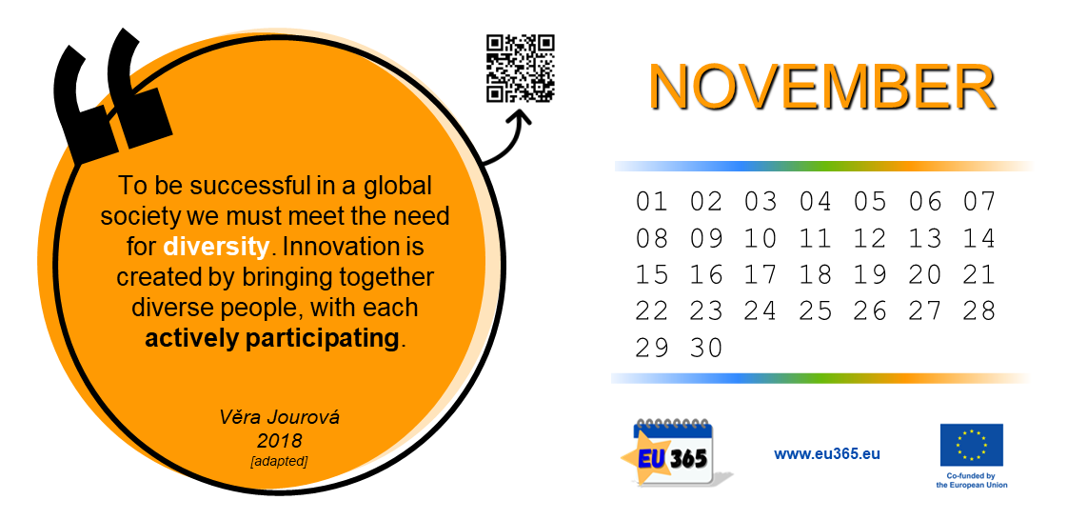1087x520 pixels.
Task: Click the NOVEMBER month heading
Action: click(x=822, y=87)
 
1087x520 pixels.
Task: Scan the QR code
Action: click(x=521, y=69)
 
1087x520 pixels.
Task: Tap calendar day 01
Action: click(x=651, y=203)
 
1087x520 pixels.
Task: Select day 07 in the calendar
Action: click(x=978, y=203)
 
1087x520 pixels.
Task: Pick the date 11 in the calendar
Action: click(x=815, y=239)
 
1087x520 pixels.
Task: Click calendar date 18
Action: click(x=815, y=275)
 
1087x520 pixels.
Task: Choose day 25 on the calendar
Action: click(x=815, y=311)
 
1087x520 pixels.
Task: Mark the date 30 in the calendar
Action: click(x=706, y=348)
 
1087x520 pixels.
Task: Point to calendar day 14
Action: click(x=978, y=239)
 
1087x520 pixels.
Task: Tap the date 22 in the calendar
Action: click(x=651, y=311)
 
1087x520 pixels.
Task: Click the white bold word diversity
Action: click(x=216, y=246)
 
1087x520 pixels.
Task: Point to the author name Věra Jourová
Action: click(x=280, y=417)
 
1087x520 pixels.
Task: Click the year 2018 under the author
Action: click(x=280, y=440)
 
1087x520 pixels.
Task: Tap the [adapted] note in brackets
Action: click(x=279, y=461)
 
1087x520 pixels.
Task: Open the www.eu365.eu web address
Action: click(x=827, y=454)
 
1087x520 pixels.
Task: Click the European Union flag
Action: click(x=971, y=445)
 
